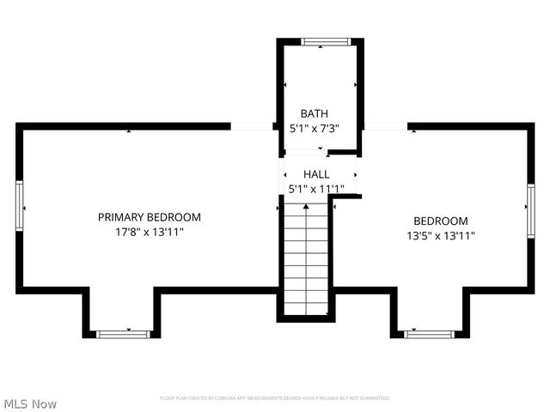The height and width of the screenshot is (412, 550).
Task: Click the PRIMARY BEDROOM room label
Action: (149, 217)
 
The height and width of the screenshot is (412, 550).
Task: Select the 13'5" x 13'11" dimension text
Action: (441, 235)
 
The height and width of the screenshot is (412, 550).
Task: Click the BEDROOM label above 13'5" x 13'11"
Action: (441, 221)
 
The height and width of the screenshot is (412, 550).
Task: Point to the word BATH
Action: (314, 113)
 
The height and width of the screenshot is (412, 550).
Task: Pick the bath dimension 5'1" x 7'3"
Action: (314, 128)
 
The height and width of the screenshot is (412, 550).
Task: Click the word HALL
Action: (315, 174)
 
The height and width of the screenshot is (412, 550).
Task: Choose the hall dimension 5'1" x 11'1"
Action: (315, 189)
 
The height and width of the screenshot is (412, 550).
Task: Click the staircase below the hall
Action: (305, 257)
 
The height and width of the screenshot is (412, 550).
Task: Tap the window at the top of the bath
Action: (325, 40)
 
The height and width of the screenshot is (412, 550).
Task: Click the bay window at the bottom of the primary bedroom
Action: (122, 333)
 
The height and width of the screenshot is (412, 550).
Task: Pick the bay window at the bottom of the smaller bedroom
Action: (430, 333)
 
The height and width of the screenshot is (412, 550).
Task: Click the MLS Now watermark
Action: (30, 403)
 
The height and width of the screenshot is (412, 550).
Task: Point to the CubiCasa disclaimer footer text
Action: (275, 398)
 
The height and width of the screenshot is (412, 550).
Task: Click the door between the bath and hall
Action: (305, 153)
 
